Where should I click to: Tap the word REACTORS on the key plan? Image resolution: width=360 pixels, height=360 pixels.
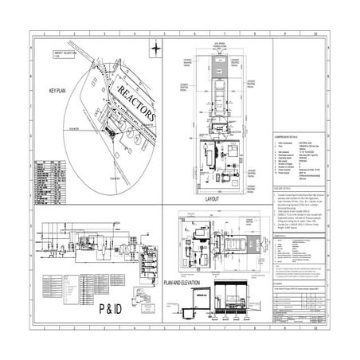point(136,100)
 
